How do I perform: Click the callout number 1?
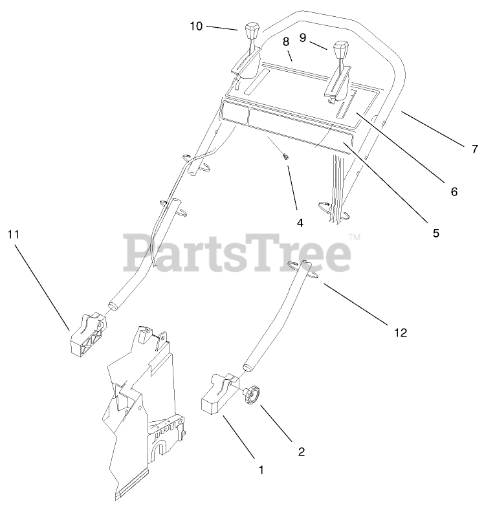tap(261, 470)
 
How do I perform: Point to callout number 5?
tap(436, 232)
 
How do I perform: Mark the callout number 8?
tap(285, 41)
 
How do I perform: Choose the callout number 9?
tap(302, 38)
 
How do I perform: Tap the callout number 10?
tap(196, 26)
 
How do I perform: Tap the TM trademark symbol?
tap(354, 238)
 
